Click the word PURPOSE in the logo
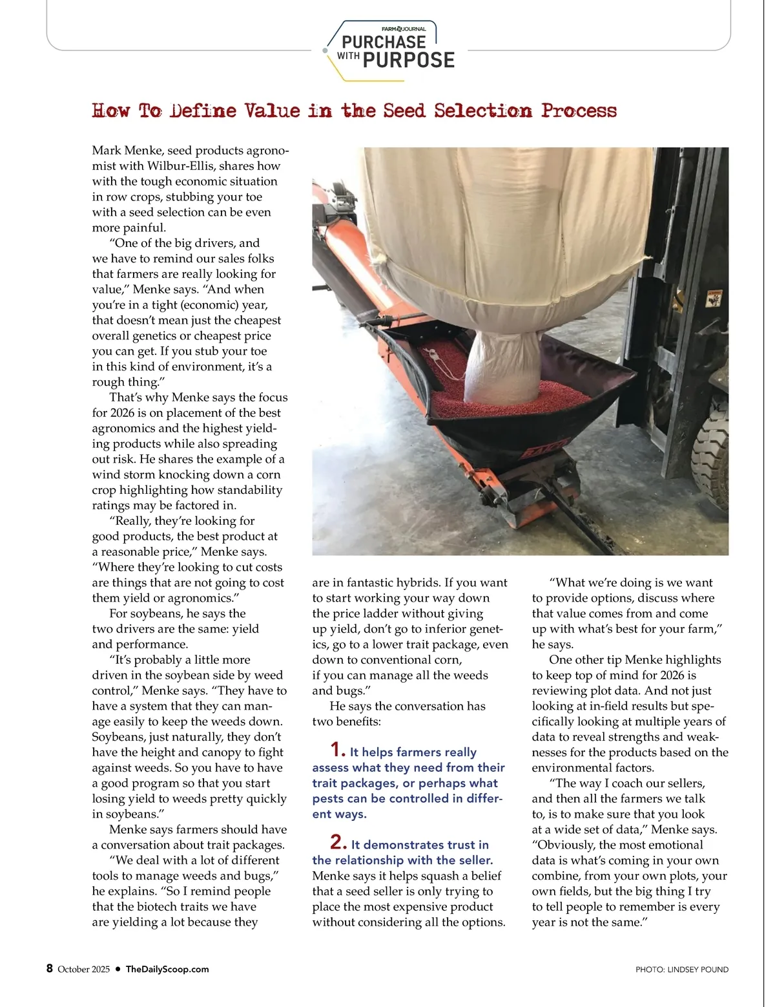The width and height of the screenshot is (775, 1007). (409, 61)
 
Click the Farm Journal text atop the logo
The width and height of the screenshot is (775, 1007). (404, 29)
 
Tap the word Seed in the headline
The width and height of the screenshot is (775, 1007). (404, 111)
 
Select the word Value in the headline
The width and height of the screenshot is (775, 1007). (272, 111)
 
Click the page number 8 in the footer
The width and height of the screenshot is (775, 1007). (50, 968)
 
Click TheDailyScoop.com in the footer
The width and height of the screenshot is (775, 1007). (167, 969)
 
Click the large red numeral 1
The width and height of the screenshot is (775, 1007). (337, 750)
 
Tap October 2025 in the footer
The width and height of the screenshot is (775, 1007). (84, 969)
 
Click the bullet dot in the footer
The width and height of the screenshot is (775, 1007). (118, 969)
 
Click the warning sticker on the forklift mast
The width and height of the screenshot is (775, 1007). (714, 299)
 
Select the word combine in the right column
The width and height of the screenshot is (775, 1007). (553, 876)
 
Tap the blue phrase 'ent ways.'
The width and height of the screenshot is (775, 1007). (339, 814)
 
